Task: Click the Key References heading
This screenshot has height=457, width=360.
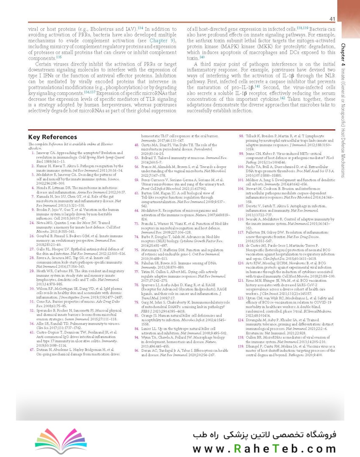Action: coord(53,137)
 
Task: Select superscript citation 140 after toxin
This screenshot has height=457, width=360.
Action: coord(202,57)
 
